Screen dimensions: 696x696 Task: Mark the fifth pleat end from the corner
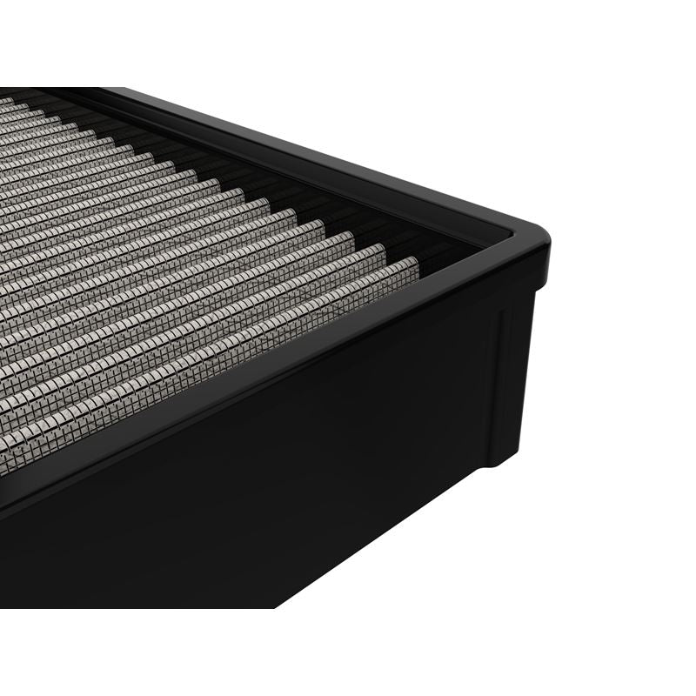(287, 213)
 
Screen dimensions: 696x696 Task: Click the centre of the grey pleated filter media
(174, 261)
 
